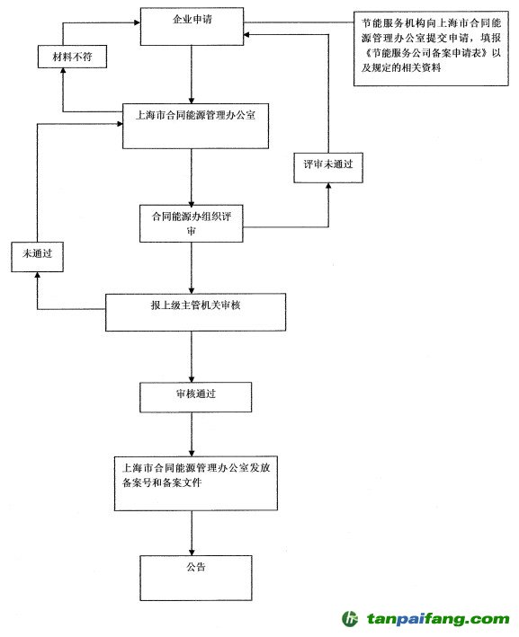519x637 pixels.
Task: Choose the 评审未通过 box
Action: pyautogui.click(x=326, y=167)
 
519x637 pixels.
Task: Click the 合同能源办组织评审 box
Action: pyautogui.click(x=192, y=223)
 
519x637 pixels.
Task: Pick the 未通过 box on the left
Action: pyautogui.click(x=37, y=256)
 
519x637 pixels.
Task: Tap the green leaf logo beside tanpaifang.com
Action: pyautogui.click(x=350, y=619)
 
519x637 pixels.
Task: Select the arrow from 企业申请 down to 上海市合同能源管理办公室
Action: pyautogui.click(x=192, y=75)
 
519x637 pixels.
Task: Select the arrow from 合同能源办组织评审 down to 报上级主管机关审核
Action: pyautogui.click(x=192, y=268)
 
